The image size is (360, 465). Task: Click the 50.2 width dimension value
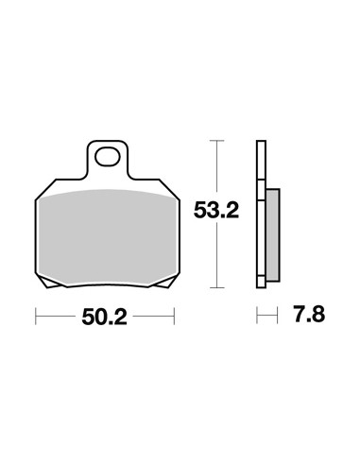point(104,317)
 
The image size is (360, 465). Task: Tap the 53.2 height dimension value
point(216,210)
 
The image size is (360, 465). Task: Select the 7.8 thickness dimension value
point(309,314)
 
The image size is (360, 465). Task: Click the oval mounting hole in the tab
point(108,157)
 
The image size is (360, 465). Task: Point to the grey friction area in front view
point(107,237)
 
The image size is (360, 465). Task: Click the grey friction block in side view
point(273,235)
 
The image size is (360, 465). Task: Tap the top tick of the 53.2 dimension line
point(216,141)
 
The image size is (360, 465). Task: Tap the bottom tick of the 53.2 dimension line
point(216,287)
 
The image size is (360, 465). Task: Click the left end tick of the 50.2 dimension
point(36,316)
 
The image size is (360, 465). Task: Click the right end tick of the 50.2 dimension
point(174,316)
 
